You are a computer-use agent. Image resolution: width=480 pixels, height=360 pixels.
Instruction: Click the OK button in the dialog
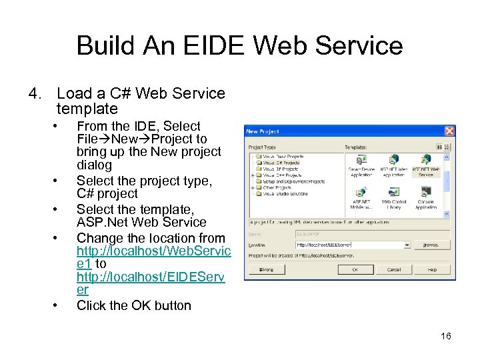pyautogui.click(x=355, y=269)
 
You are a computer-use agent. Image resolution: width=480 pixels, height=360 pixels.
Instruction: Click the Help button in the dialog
pyautogui.click(x=431, y=269)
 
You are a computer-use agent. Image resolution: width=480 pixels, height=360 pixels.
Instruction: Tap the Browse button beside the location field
pyautogui.click(x=431, y=245)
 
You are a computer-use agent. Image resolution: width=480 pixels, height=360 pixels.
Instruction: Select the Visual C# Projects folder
pyautogui.click(x=281, y=162)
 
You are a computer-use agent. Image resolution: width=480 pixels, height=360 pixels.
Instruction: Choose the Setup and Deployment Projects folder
pyautogui.click(x=293, y=181)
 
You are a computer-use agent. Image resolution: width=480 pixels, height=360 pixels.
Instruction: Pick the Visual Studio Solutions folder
pyautogui.click(x=285, y=194)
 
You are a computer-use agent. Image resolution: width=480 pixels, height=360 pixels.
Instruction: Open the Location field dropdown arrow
pyautogui.click(x=407, y=245)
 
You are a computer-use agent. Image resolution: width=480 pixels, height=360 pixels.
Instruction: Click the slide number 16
pyautogui.click(x=446, y=336)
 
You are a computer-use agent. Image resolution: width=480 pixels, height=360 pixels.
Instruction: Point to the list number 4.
pyautogui.click(x=35, y=93)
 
